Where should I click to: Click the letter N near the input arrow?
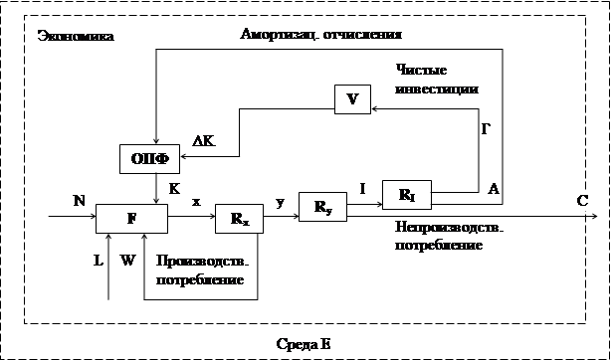tap(79, 201)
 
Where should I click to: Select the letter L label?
tap(99, 261)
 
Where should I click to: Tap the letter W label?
tap(127, 261)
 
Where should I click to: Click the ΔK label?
tap(203, 142)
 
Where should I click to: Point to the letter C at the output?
tap(582, 201)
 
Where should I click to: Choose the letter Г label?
tap(486, 129)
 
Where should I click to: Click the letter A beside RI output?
tap(494, 189)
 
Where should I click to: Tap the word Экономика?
tap(76, 37)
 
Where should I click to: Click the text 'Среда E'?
tap(304, 344)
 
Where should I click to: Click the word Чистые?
tap(421, 71)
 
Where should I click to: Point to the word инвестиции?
tap(437, 89)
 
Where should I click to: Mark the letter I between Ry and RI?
tap(363, 189)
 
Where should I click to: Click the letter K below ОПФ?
tap(174, 189)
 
